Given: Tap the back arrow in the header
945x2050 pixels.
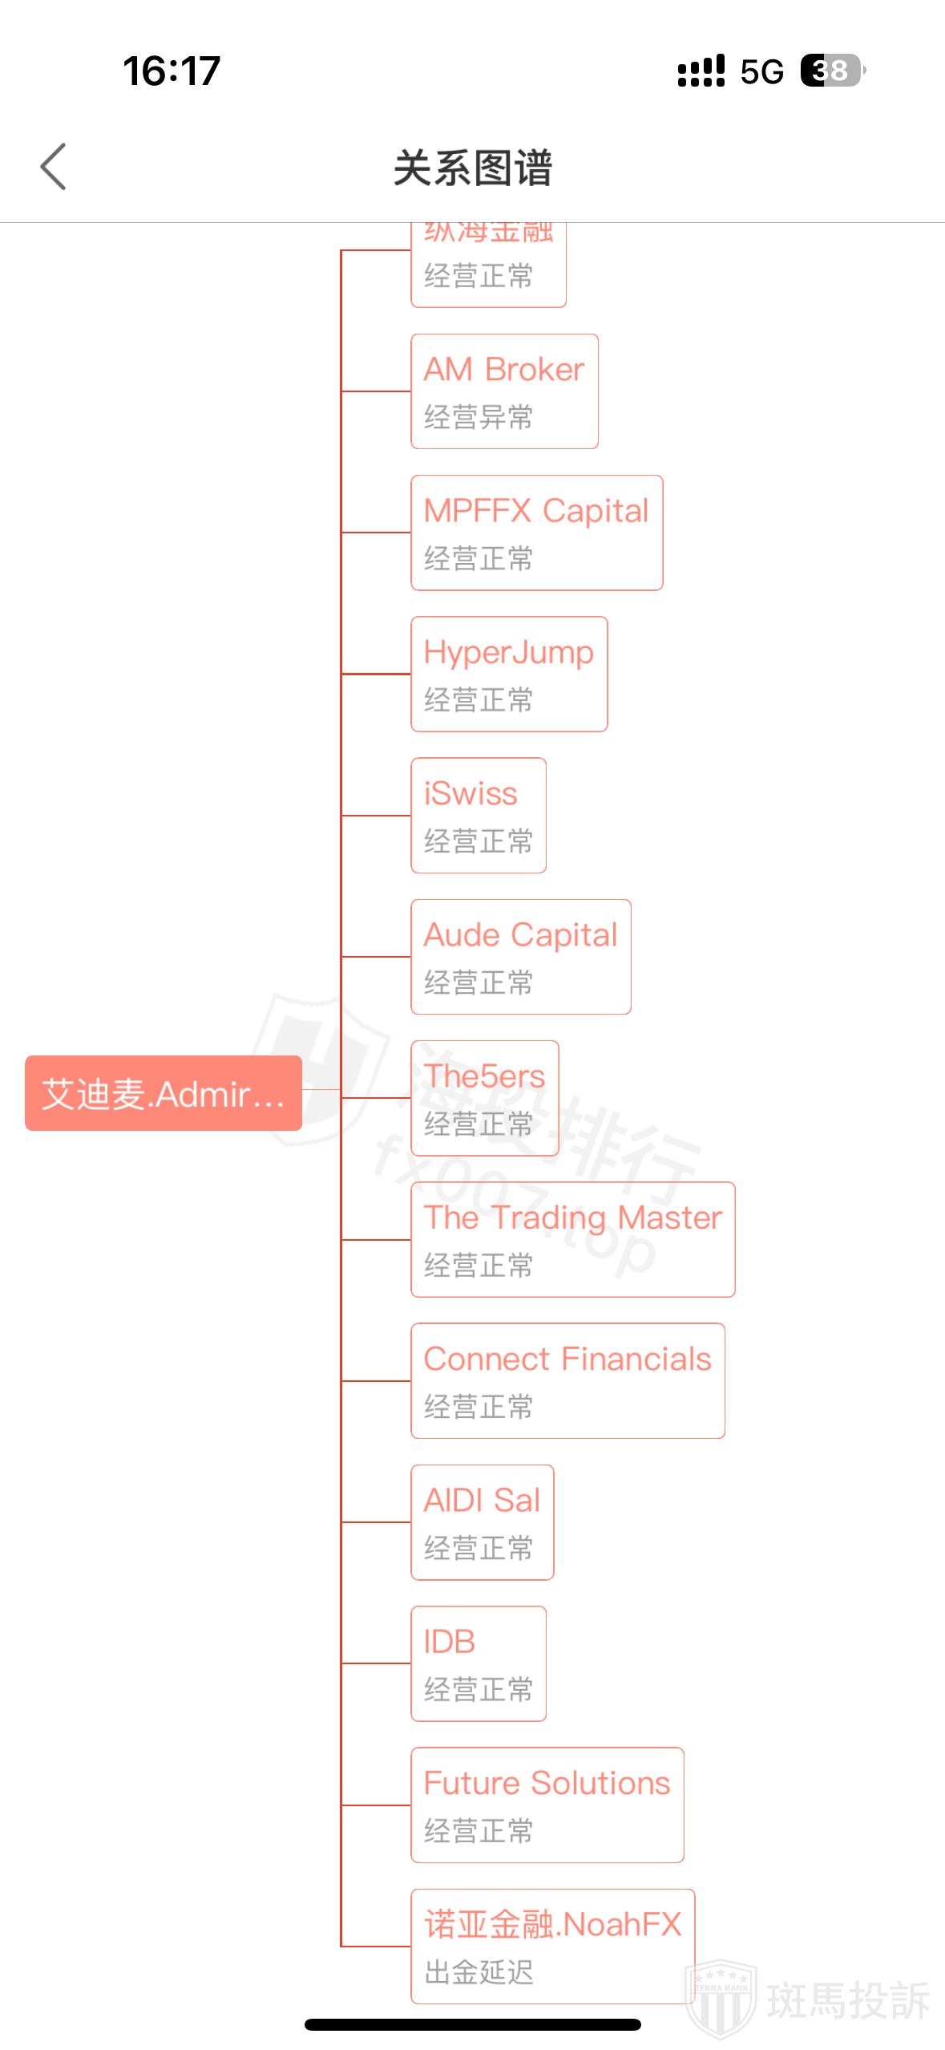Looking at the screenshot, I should (54, 167).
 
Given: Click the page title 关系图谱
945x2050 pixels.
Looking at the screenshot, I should (472, 168).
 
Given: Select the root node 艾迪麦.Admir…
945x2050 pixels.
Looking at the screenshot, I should (164, 1093).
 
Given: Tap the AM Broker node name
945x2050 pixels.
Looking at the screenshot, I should (503, 370).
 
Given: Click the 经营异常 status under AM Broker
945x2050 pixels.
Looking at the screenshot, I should (479, 417).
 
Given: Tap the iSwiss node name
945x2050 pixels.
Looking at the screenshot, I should (470, 794).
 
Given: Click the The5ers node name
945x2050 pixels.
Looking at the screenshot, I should (484, 1076).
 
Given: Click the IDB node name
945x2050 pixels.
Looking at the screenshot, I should (450, 1642).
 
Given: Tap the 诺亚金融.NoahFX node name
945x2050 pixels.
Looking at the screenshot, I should (552, 1924).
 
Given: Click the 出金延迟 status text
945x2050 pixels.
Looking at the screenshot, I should (479, 1972).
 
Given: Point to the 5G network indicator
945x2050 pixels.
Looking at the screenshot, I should (761, 71).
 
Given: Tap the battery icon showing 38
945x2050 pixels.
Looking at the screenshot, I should (832, 71).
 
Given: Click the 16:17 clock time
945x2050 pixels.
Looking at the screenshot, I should (172, 71).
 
